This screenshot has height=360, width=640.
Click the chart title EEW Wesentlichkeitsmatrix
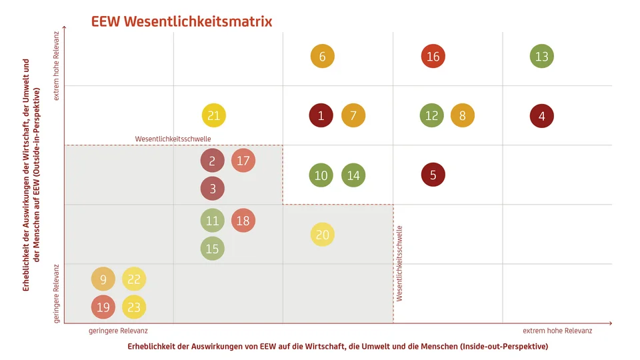pos(181,21)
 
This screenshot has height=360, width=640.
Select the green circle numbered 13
pos(541,57)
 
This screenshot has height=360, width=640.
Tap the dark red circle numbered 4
pos(541,116)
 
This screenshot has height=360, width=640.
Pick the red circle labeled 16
pos(433,57)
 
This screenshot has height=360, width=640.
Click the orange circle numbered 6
pos(322,57)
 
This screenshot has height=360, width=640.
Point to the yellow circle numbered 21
pos(213,116)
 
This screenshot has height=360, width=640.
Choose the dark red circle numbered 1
pos(321,116)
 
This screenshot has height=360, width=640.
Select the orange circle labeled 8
pos(462,116)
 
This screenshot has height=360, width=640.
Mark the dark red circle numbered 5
pos(433,175)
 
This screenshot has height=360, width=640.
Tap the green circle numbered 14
pos(353,175)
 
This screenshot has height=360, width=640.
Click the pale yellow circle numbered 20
pos(322,235)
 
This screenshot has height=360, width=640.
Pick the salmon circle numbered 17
pos(243,161)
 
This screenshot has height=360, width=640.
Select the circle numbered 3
pos(213,189)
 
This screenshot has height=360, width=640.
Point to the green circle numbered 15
pos(212,249)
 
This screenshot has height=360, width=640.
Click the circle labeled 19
pos(103,307)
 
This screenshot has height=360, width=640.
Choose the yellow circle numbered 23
pos(134,307)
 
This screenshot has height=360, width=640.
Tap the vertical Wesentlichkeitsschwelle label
pos(400,264)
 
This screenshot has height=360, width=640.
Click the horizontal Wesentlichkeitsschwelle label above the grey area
pos(173,139)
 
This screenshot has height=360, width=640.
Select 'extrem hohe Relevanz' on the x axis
pos(557,331)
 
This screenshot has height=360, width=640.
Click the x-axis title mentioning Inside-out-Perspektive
pos(337,347)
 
